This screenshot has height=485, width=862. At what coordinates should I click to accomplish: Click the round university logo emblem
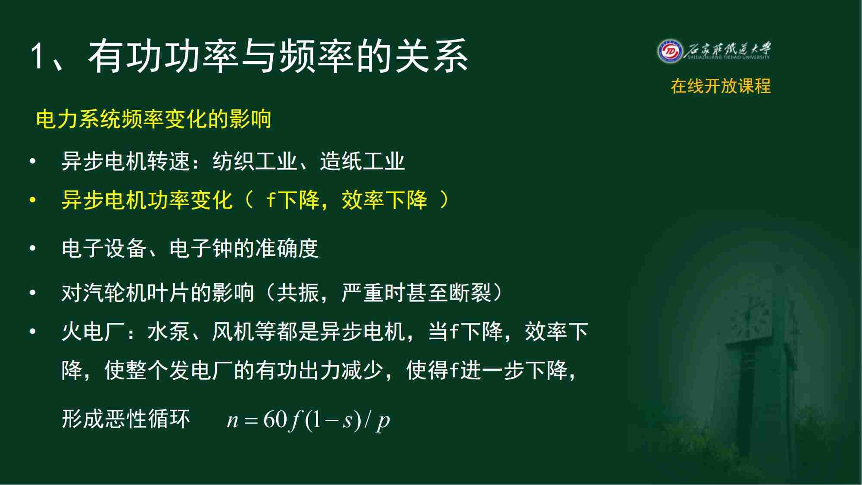coord(670,51)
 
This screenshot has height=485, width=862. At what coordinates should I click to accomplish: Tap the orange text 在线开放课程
coord(721,86)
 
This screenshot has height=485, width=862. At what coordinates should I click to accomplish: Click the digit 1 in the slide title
coord(37,56)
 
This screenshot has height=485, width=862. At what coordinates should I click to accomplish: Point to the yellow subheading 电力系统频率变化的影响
coord(153,119)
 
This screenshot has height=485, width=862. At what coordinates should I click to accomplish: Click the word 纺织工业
coord(255,162)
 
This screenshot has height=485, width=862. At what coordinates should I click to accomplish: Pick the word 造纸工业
coord(362,162)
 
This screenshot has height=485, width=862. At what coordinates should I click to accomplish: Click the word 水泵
coord(169,332)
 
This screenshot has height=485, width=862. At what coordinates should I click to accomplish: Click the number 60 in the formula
coord(275,419)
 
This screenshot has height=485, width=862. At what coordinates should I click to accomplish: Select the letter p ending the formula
coord(384,422)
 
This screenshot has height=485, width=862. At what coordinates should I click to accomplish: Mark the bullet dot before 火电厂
coord(32,332)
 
